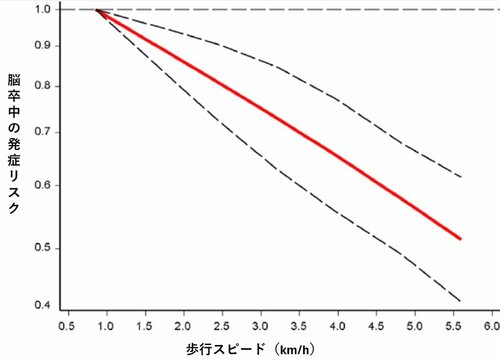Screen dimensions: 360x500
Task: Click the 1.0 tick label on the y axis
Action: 41,10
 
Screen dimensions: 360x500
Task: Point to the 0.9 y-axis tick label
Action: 41,46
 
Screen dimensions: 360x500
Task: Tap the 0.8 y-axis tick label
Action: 41,86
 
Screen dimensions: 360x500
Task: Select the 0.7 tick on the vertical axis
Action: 41,132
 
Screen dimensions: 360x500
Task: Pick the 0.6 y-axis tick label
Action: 41,185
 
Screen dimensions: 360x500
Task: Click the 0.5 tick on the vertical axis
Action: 41,248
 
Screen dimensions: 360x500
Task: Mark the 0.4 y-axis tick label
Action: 41,304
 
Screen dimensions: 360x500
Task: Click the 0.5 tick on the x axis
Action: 66,326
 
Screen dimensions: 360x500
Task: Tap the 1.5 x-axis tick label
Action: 145,326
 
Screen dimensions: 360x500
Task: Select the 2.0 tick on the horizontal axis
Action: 184,326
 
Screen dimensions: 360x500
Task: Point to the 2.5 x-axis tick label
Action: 223,326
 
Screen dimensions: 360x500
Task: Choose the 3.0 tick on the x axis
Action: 262,326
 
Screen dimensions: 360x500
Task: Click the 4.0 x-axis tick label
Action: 339,326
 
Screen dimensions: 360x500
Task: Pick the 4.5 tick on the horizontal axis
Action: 378,326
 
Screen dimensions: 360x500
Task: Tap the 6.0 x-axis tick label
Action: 491,326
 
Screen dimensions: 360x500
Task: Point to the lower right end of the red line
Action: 460,239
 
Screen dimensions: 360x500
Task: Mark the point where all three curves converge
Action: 97,10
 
